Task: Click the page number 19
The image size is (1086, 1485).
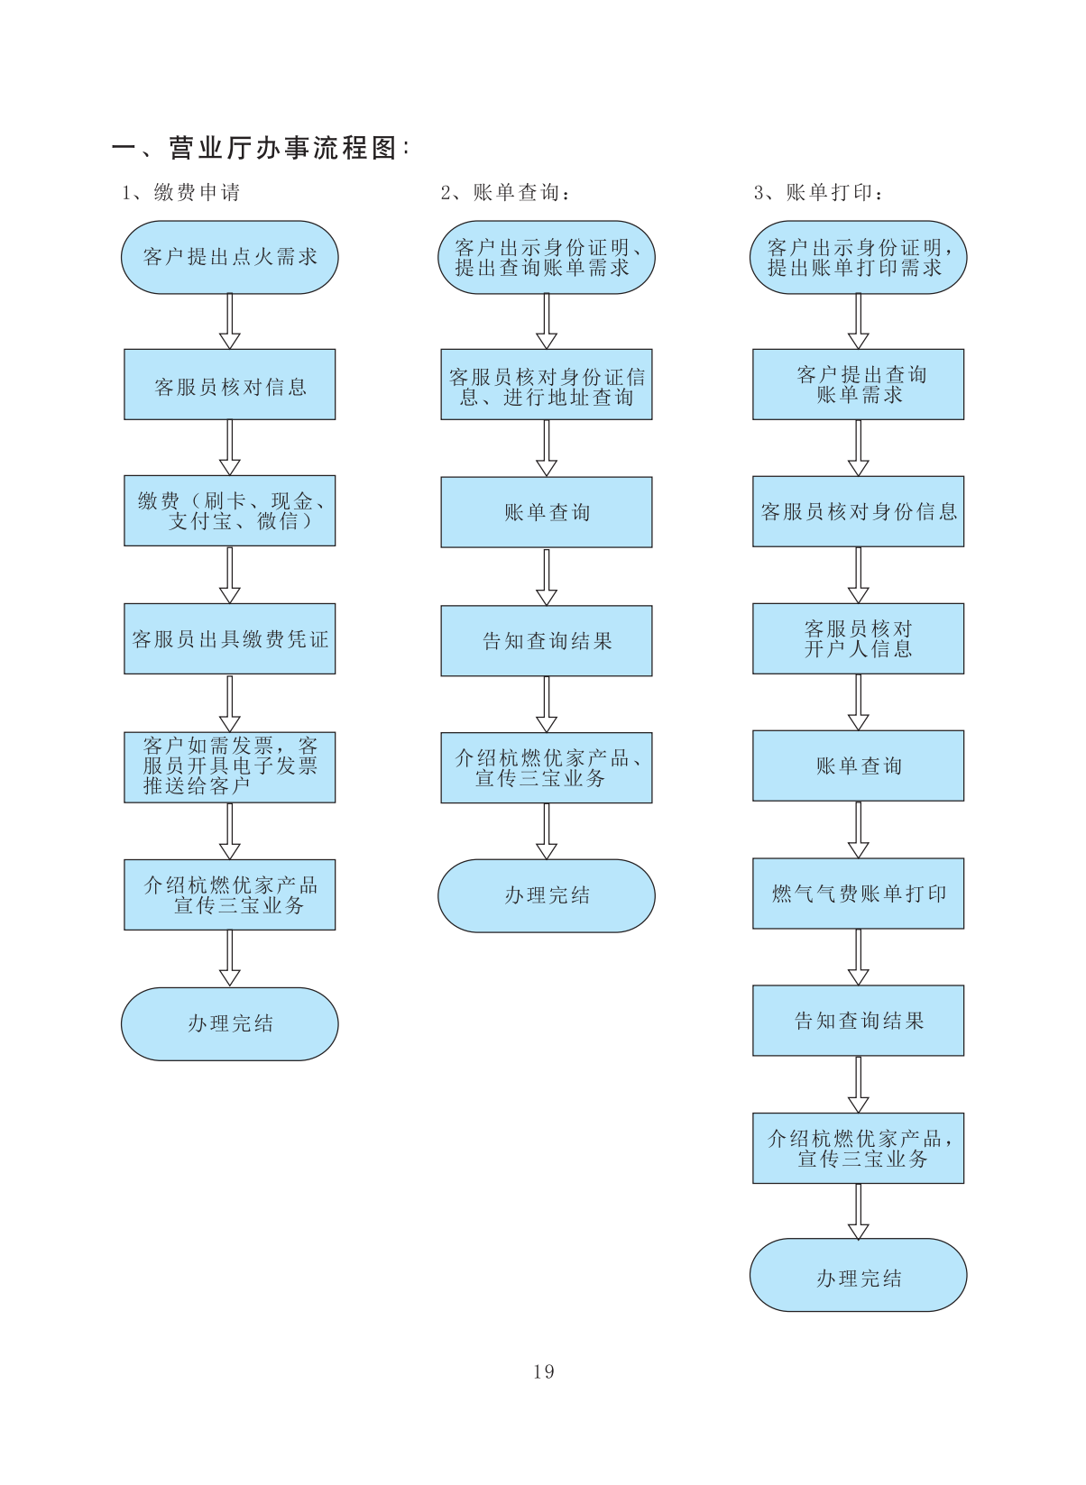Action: (543, 1371)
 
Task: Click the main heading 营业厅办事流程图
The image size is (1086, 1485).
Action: (283, 148)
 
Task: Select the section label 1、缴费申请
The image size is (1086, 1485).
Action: (181, 192)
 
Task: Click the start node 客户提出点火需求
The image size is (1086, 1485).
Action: (230, 257)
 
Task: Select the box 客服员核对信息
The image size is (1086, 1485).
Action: (230, 385)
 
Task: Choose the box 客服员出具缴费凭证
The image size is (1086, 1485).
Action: (230, 639)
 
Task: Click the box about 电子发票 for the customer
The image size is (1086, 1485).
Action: (230, 767)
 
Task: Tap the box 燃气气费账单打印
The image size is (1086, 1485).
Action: (858, 894)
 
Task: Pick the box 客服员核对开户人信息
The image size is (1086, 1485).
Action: (858, 638)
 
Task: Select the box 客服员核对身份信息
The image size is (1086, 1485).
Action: (858, 511)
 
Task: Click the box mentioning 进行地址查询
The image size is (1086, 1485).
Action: (547, 385)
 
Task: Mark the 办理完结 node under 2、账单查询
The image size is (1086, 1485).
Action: (547, 895)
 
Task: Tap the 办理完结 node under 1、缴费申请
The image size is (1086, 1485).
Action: (230, 1023)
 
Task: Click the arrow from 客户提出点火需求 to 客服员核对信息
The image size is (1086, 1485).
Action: (230, 322)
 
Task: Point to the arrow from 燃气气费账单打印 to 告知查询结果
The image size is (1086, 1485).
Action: (858, 958)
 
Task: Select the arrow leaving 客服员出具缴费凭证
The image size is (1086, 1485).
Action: (230, 703)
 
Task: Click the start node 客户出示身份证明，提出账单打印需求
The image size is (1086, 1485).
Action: (858, 257)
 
